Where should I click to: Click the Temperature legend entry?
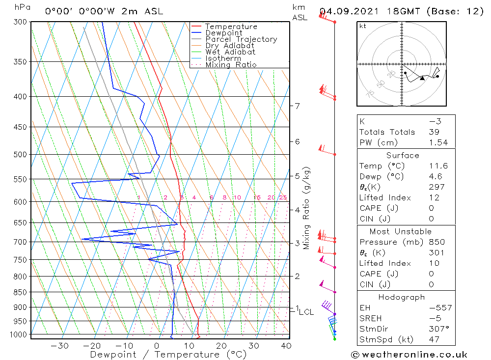(231, 27)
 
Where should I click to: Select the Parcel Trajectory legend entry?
(241, 39)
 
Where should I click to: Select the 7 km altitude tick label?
(297, 106)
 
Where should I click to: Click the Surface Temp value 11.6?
(437, 166)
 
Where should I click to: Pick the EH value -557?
(439, 308)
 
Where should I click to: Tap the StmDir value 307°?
(438, 329)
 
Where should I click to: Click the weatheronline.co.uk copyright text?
(409, 355)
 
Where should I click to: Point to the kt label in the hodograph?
(362, 26)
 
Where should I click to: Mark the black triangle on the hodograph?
(422, 78)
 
